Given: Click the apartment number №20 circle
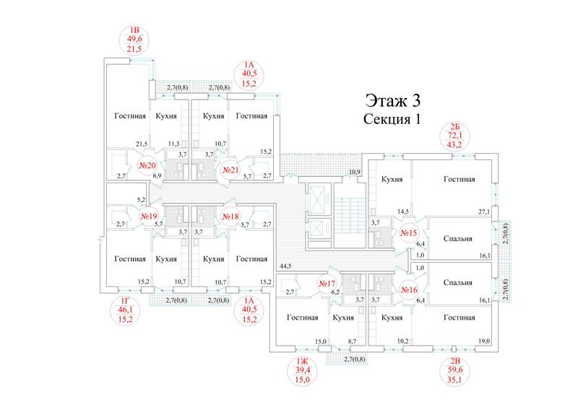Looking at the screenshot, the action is pyautogui.click(x=147, y=166).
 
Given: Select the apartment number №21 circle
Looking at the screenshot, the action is pyautogui.click(x=230, y=170).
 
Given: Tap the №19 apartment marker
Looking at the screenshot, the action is pyautogui.click(x=149, y=216).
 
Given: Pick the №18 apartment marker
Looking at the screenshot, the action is pyautogui.click(x=230, y=216).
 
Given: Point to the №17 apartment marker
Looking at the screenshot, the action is pyautogui.click(x=327, y=284).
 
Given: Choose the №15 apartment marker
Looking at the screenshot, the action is pyautogui.click(x=409, y=232).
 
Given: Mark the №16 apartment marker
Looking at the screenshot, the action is pyautogui.click(x=409, y=290).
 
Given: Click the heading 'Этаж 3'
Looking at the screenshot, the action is pyautogui.click(x=392, y=100).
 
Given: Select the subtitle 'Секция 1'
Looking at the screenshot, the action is pyautogui.click(x=392, y=119).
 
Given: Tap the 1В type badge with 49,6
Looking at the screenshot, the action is pyautogui.click(x=134, y=40).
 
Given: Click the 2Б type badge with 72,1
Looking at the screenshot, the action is pyautogui.click(x=454, y=136).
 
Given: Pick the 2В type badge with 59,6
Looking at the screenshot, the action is pyautogui.click(x=454, y=371).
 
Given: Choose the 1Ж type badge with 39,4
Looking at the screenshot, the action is pyautogui.click(x=302, y=371).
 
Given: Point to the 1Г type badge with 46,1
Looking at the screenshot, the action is pyautogui.click(x=125, y=310).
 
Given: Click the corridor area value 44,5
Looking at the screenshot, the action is pyautogui.click(x=285, y=265).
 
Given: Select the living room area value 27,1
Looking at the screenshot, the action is pyautogui.click(x=483, y=211).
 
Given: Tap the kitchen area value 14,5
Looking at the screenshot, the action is pyautogui.click(x=403, y=211).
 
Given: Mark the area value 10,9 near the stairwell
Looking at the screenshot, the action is pyautogui.click(x=355, y=172).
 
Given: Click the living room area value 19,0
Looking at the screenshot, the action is pyautogui.click(x=484, y=341).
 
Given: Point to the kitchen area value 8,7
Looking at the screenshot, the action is pyautogui.click(x=352, y=341).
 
